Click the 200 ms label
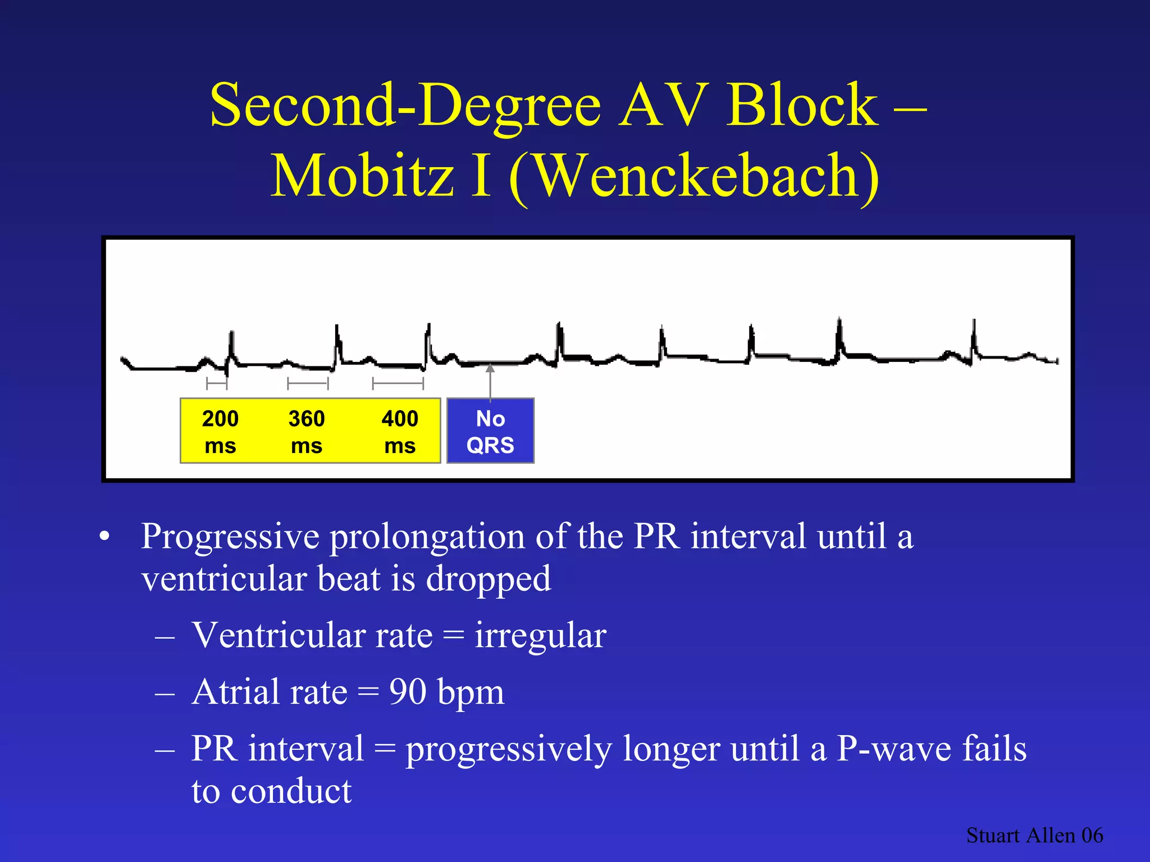coord(220,432)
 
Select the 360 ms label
coord(307,432)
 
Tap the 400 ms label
coord(400,432)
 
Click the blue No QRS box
coord(490,431)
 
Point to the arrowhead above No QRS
coord(490,369)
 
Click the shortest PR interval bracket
coord(217,384)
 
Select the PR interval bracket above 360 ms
coord(308,384)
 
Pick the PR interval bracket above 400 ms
coord(398,384)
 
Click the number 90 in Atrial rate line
coord(408,691)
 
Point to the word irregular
coord(540,635)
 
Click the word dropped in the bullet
coord(489,579)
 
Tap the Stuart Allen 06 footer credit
coord(1034,836)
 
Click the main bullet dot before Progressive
coord(104,537)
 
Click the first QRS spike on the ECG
coord(231,348)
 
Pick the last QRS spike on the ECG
coord(974,340)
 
